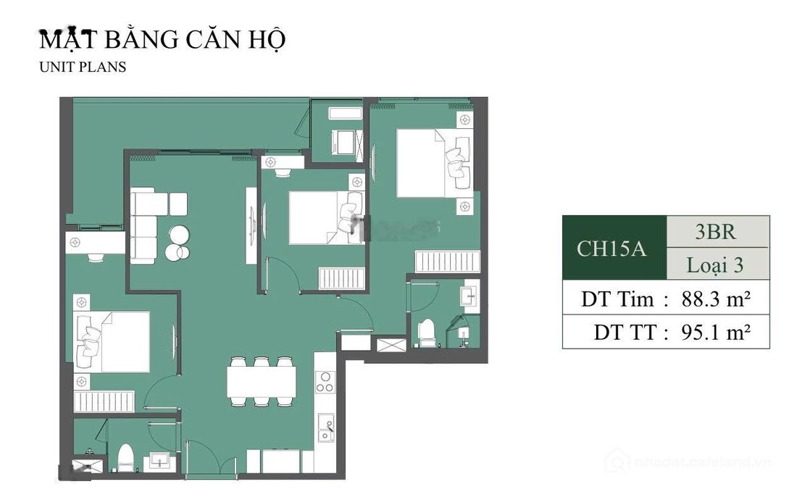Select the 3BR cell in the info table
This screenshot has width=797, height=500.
tap(716, 232)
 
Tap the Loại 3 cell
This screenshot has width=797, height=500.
tap(716, 265)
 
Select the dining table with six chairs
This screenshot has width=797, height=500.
tap(261, 381)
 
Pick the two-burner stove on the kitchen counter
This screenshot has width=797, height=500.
tap(325, 382)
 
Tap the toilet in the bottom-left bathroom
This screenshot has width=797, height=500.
tap(127, 458)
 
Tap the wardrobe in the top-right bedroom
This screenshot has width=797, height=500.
tap(447, 261)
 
